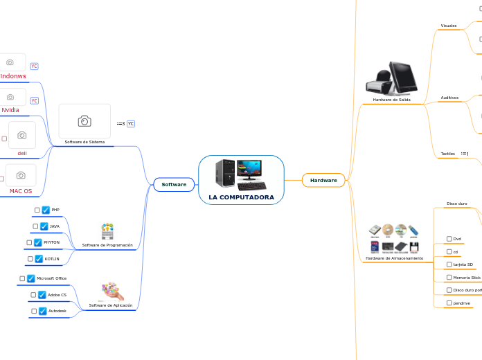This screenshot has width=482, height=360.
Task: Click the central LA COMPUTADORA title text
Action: tap(241, 197)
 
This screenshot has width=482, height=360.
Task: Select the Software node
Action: tap(174, 184)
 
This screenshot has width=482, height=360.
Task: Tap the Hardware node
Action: tap(323, 180)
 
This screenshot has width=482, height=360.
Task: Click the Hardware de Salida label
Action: tap(391, 100)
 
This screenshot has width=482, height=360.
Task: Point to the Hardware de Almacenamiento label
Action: tap(394, 258)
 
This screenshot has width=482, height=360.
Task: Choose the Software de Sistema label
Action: tap(84, 142)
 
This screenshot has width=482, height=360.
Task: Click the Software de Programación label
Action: tap(107, 245)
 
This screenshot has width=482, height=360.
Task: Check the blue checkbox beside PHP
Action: tap(46, 210)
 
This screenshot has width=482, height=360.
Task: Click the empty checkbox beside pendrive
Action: tap(449, 303)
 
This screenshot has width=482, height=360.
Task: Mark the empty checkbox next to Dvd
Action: tap(449, 239)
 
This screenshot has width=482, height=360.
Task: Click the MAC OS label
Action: tap(21, 191)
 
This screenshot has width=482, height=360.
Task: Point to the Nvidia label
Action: tap(10, 110)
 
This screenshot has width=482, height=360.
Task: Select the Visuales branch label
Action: tap(449, 26)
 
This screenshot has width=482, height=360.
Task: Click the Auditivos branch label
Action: tap(449, 98)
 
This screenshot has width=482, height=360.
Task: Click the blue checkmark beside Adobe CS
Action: tap(42, 295)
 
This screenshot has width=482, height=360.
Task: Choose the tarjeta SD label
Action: tap(463, 264)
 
